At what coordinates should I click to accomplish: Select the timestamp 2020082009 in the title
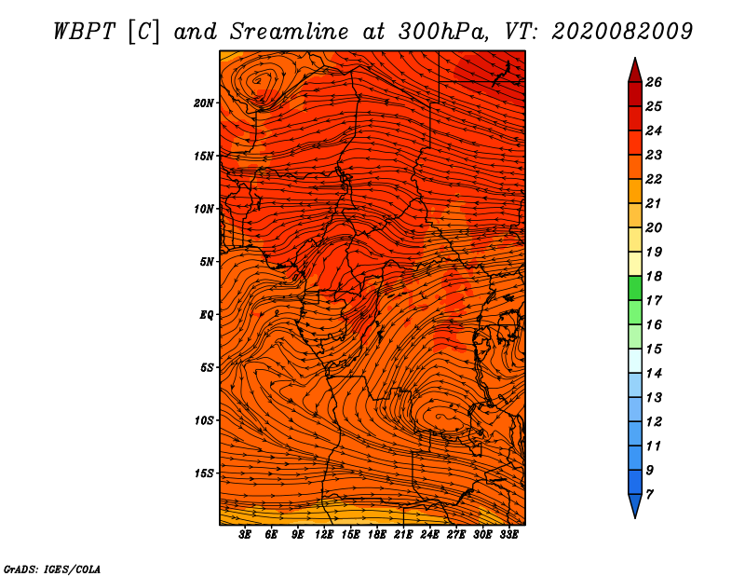click(622, 31)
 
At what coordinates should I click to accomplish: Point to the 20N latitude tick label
click(204, 103)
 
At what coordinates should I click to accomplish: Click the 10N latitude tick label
click(204, 209)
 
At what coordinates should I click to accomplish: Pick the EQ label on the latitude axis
click(206, 314)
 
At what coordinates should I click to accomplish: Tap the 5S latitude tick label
click(207, 367)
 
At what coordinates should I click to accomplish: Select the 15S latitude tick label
click(204, 473)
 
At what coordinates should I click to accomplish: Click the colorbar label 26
click(654, 82)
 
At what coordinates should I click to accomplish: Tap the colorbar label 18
click(654, 276)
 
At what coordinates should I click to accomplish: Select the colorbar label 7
click(650, 494)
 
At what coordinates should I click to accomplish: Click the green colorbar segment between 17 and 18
click(634, 288)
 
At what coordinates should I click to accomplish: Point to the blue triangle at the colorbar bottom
click(634, 505)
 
